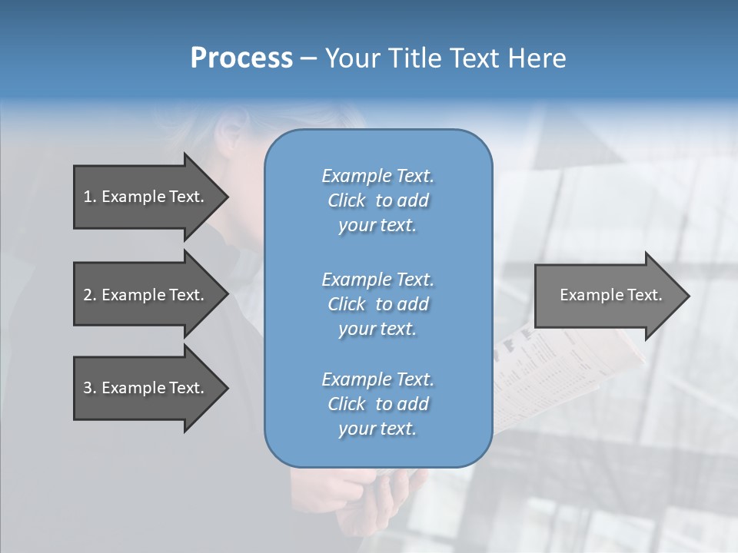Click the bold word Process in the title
[241, 58]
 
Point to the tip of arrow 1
[227, 197]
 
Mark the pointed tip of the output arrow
[688, 296]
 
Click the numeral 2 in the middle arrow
[88, 295]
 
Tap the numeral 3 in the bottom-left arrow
[88, 388]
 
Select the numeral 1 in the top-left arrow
[88, 197]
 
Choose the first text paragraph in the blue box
[377, 200]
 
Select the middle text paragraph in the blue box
[377, 304]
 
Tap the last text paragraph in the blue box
[377, 404]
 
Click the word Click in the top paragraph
[347, 200]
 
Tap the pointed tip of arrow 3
[227, 388]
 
